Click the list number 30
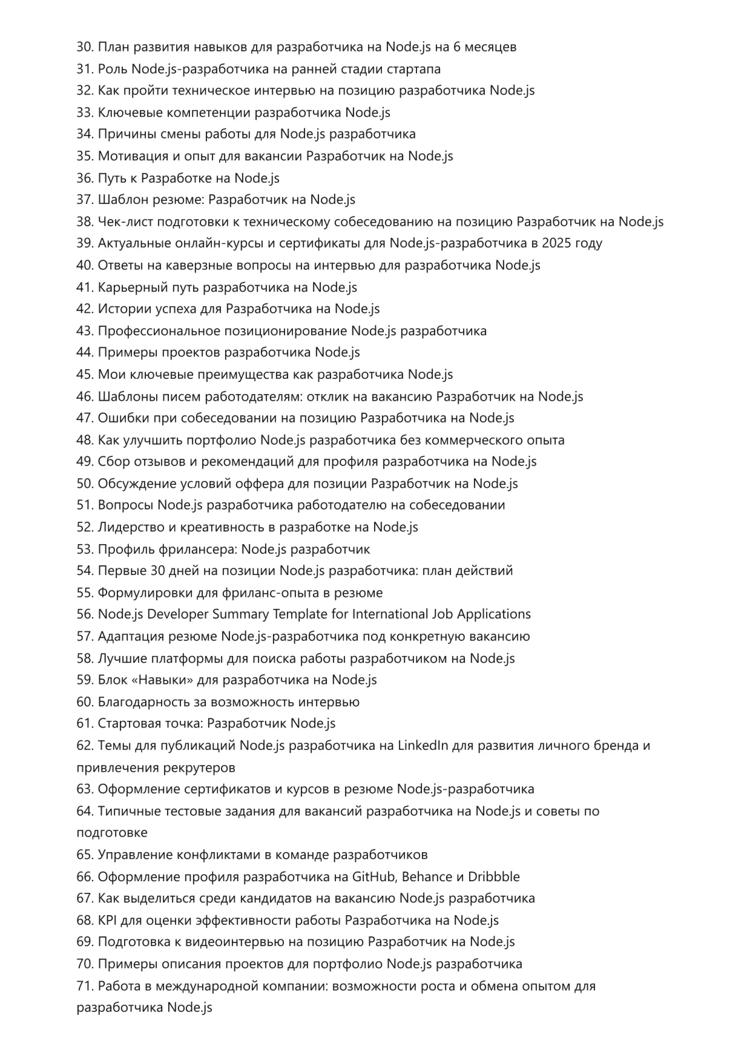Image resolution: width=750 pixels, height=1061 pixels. click(85, 47)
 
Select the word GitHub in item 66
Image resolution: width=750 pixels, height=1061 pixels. click(373, 876)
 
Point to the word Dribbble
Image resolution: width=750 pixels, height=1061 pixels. click(493, 876)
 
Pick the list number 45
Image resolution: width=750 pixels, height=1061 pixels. click(85, 375)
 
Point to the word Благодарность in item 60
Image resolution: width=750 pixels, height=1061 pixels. click(137, 702)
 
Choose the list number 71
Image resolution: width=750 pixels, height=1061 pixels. click(85, 986)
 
